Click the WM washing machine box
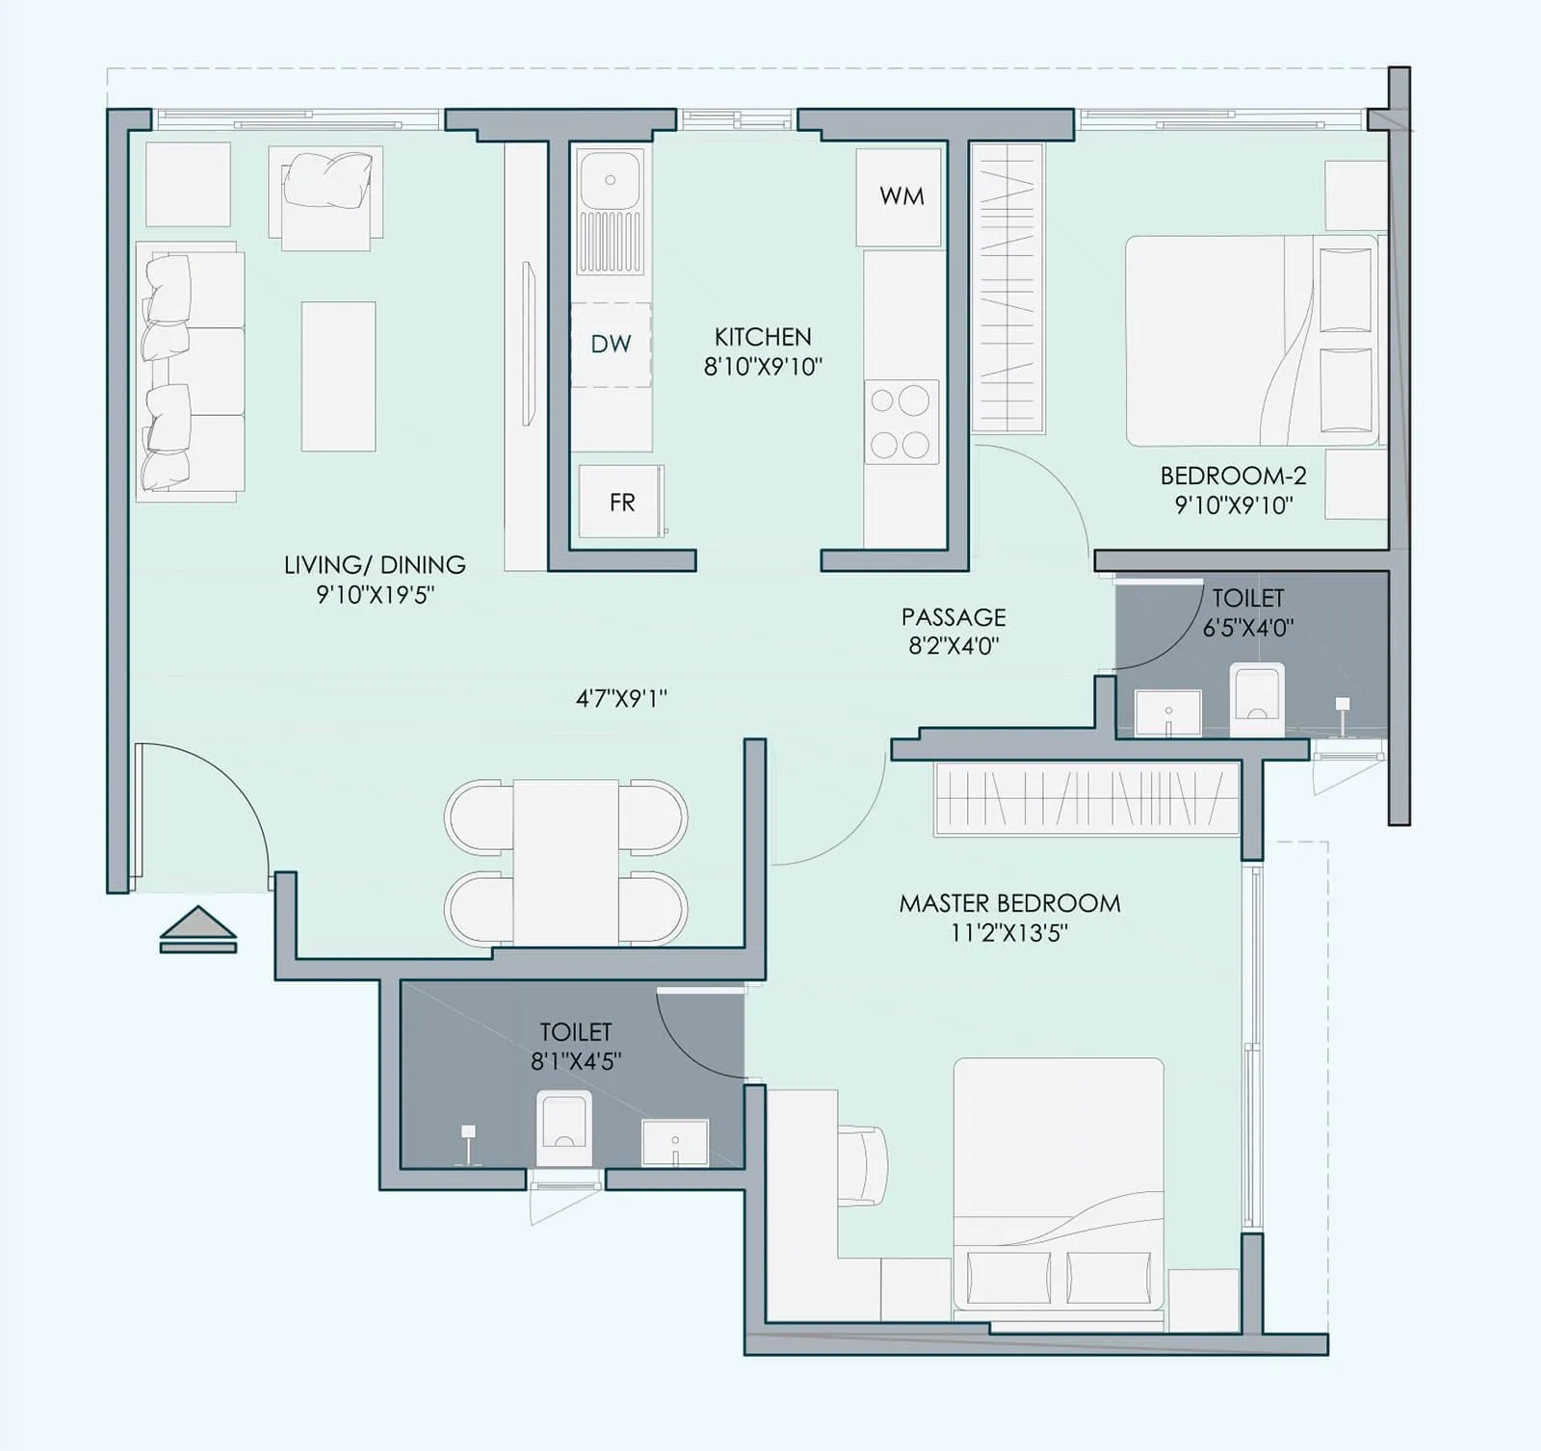pos(899,196)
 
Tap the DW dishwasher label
pos(611,344)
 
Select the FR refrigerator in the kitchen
pos(621,502)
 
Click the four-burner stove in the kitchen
pos(901,422)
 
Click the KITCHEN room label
pos(762,336)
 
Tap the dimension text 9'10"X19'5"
pos(375,594)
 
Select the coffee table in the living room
pos(338,376)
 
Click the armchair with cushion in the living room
pos(326,196)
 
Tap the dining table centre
pos(565,863)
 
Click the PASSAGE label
pos(953,616)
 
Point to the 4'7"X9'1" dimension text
pos(621,698)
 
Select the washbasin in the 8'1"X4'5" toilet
pos(675,1142)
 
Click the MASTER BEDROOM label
pos(1009,903)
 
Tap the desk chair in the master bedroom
pos(863,1164)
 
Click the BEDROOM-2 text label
pos(1233,476)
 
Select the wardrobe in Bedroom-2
pos(1006,287)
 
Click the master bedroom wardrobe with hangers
pos(1086,798)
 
